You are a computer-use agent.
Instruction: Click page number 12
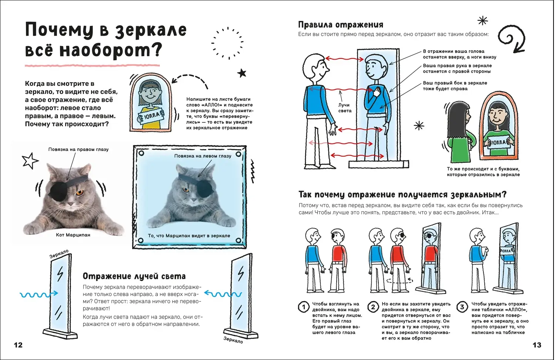pyautogui.click(x=18, y=345)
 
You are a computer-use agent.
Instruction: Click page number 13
pyautogui.click(x=536, y=345)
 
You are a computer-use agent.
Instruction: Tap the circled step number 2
pyautogui.click(x=373, y=307)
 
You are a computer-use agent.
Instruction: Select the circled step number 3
pyautogui.click(x=462, y=307)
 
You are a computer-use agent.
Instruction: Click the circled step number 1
pyautogui.click(x=303, y=307)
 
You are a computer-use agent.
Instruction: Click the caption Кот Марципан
pyautogui.click(x=73, y=235)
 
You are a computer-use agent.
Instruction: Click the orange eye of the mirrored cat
pyautogui.click(x=186, y=190)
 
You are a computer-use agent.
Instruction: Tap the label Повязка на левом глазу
pyautogui.click(x=203, y=156)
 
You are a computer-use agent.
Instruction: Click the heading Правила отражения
pyautogui.click(x=340, y=25)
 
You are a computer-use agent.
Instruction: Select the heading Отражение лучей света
pyautogui.click(x=134, y=276)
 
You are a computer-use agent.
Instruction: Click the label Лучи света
pyautogui.click(x=344, y=108)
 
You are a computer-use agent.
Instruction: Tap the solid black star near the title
pyautogui.click(x=242, y=73)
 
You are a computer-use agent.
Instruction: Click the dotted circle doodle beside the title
pyautogui.click(x=227, y=43)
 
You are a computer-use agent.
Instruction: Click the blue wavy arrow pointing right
pyautogui.click(x=39, y=294)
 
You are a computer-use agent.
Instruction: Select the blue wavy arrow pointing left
pyautogui.click(x=223, y=294)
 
